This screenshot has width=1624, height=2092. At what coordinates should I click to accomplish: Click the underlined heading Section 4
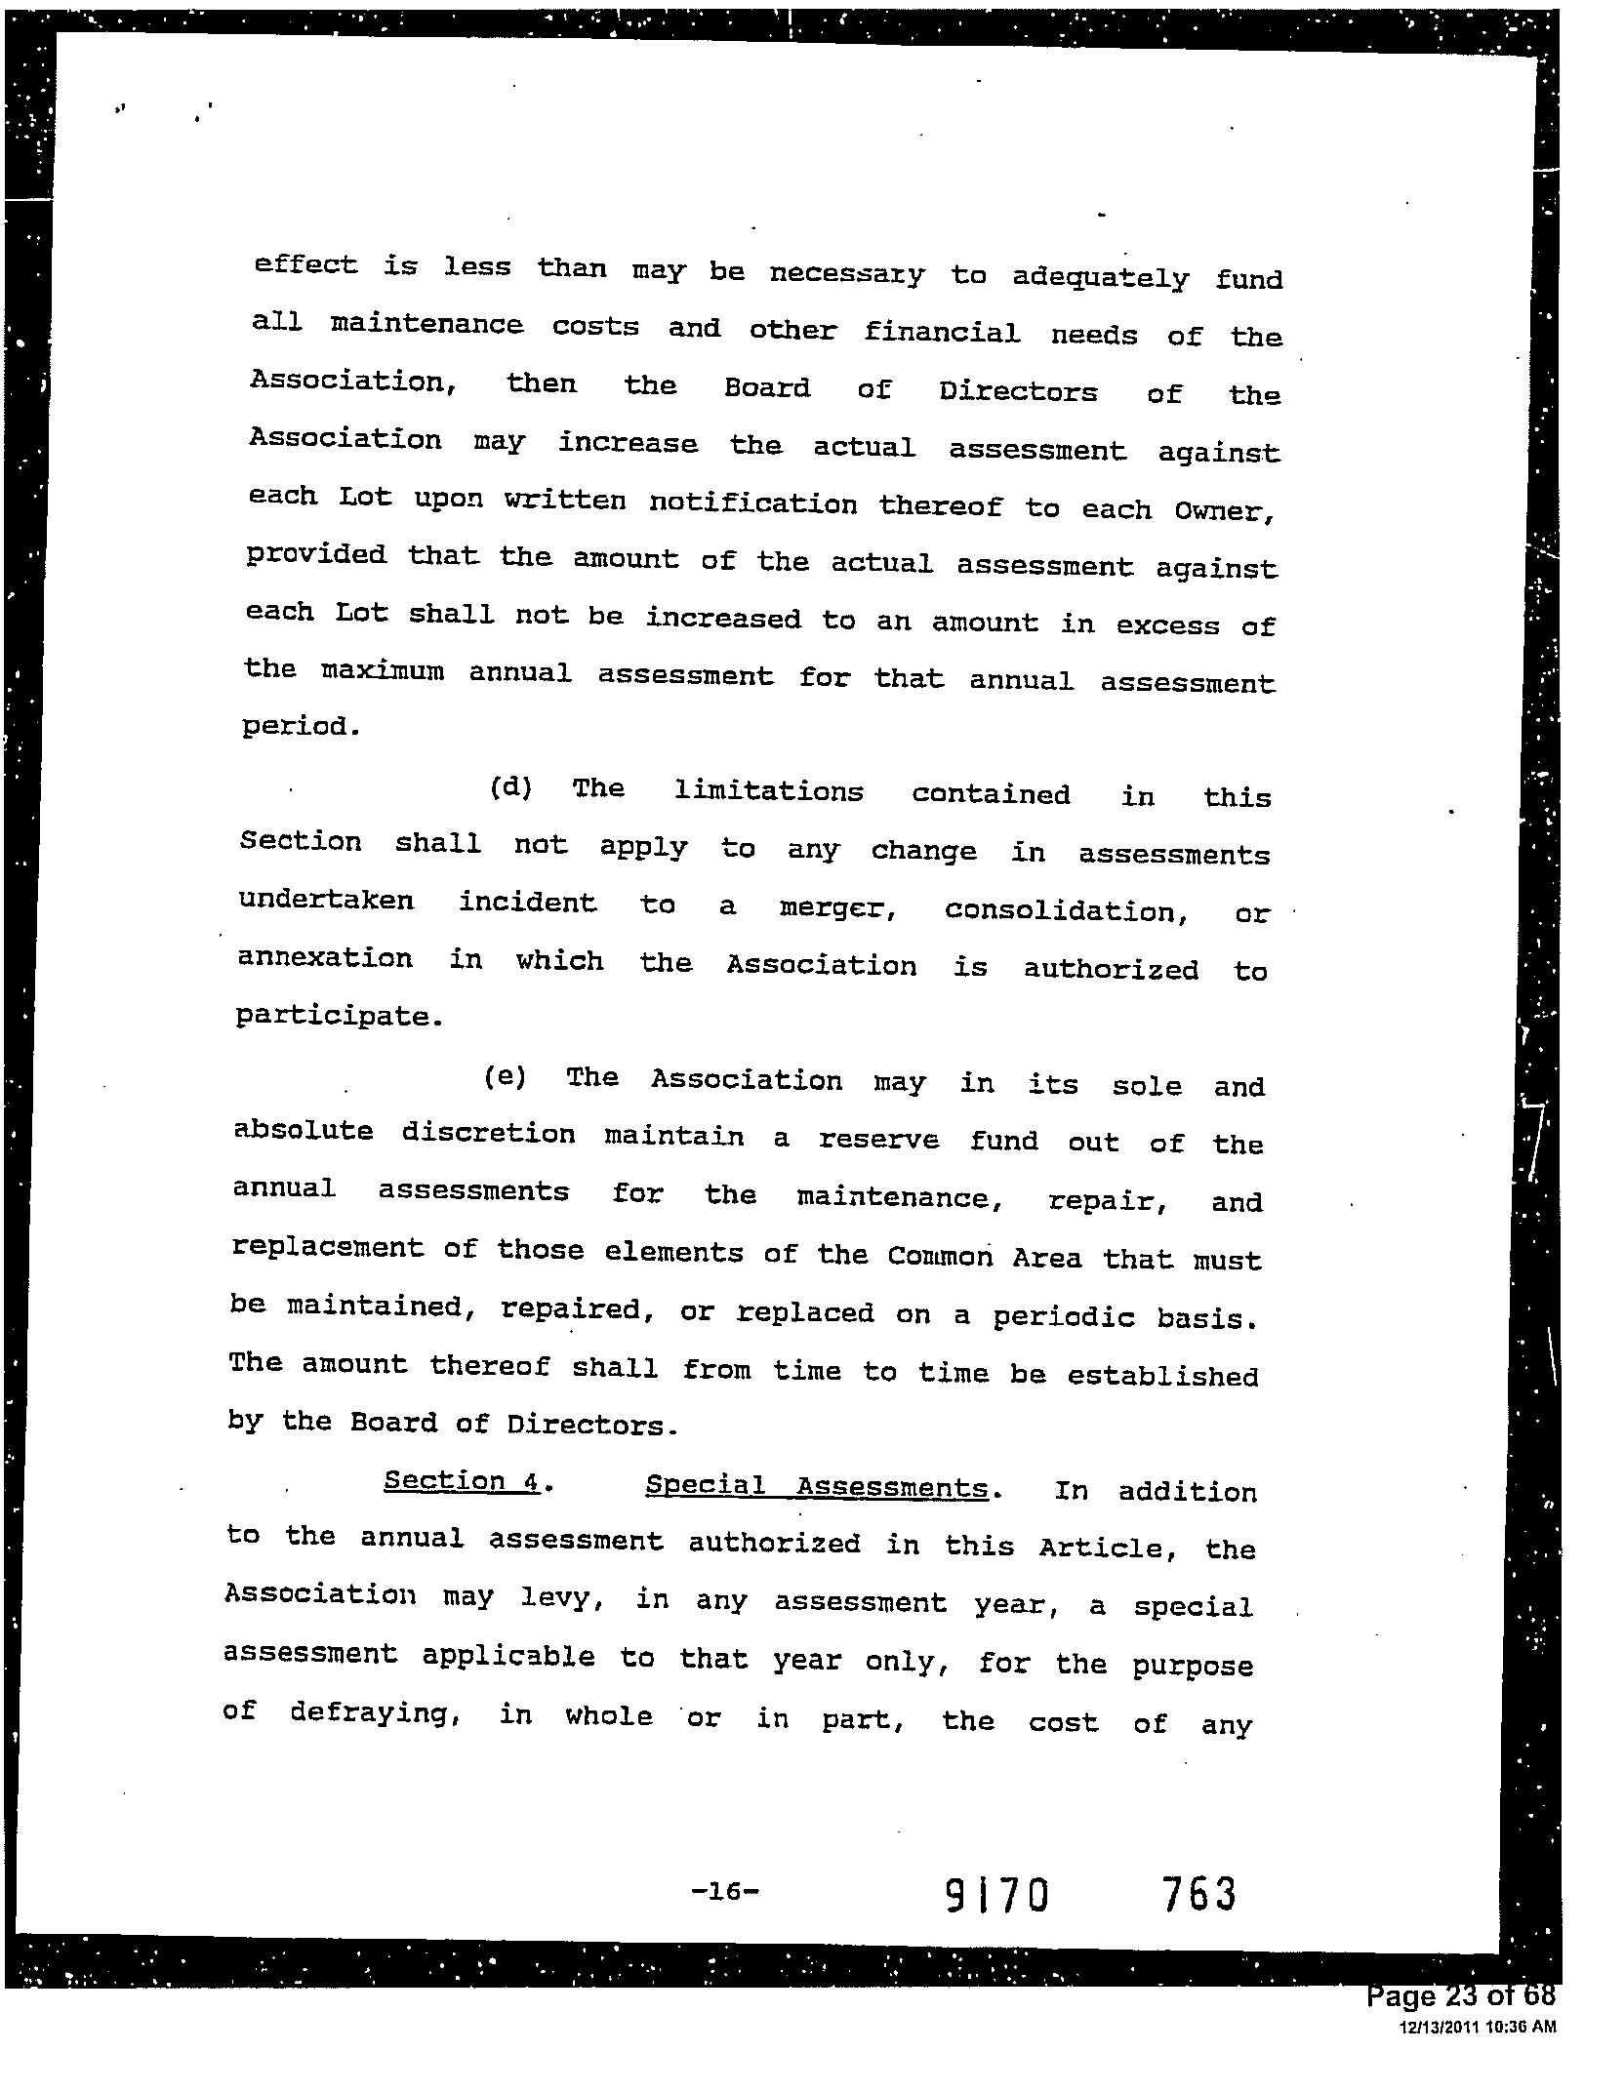[x=462, y=1481]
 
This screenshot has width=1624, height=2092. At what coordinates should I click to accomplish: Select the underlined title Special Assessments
[x=816, y=1486]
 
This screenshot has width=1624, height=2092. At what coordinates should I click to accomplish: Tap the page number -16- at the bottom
[x=723, y=1891]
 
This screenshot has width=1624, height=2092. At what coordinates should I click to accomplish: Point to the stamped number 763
[x=1198, y=1895]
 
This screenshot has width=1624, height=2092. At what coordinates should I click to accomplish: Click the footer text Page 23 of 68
[x=1461, y=1996]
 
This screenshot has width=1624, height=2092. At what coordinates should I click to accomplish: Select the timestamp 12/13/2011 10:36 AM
[x=1478, y=2027]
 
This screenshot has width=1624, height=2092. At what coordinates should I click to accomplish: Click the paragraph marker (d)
[x=509, y=787]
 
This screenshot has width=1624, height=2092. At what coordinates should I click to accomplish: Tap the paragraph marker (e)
[x=505, y=1077]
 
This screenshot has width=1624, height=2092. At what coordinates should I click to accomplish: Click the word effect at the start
[x=305, y=264]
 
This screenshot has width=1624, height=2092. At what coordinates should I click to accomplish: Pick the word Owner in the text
[x=1222, y=510]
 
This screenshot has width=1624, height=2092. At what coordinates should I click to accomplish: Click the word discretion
[x=488, y=1134]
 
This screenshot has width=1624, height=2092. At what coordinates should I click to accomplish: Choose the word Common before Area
[x=940, y=1257]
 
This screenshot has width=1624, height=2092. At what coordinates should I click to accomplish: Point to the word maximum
[x=383, y=672]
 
